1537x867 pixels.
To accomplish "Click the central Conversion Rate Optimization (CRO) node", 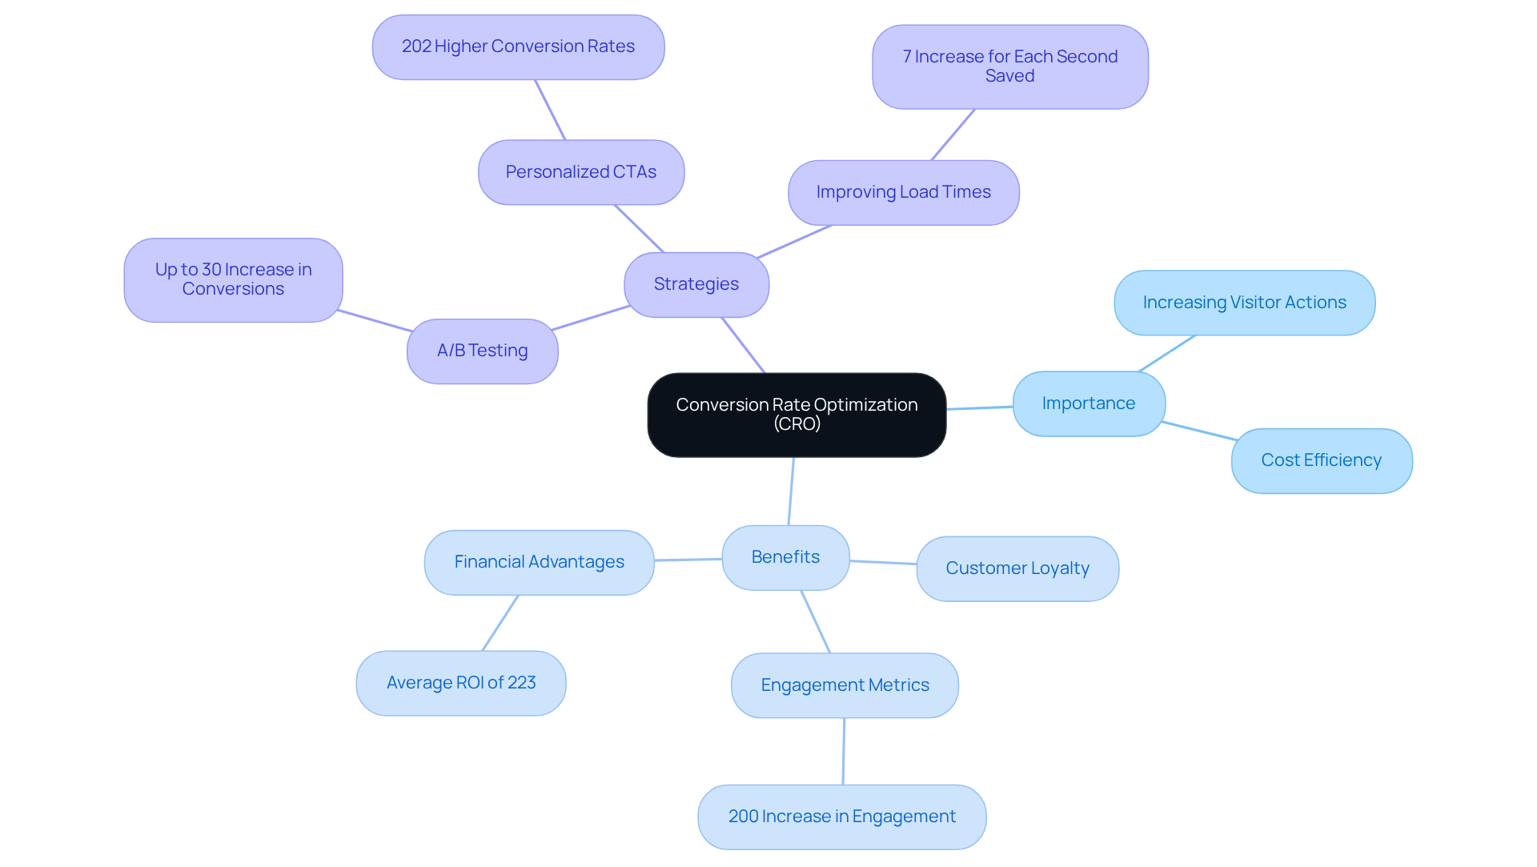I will [797, 415].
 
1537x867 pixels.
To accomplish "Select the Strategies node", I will [696, 284].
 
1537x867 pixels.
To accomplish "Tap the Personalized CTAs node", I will [581, 172].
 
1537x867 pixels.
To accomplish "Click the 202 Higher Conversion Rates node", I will [518, 47].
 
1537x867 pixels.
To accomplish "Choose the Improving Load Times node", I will [903, 192].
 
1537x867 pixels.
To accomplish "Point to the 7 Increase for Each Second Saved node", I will [1009, 66].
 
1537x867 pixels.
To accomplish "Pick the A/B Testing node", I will [482, 351].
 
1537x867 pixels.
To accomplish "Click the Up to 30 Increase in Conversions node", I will [233, 279].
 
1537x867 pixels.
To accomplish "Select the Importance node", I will [1089, 403].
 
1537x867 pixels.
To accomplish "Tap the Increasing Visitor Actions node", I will [1244, 303].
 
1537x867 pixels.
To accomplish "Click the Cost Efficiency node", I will [1321, 460].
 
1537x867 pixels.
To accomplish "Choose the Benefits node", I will [785, 557].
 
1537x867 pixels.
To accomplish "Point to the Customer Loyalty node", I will [1017, 568].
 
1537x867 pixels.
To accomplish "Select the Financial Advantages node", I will [539, 562].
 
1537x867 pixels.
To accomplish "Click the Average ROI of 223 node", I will [460, 683].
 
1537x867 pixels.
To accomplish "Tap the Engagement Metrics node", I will [845, 685].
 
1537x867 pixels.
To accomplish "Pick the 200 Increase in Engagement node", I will [841, 817].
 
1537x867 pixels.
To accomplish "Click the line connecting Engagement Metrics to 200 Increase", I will [844, 751].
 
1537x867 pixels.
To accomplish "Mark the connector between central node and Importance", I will [980, 408].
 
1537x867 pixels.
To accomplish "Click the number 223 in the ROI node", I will [521, 683].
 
